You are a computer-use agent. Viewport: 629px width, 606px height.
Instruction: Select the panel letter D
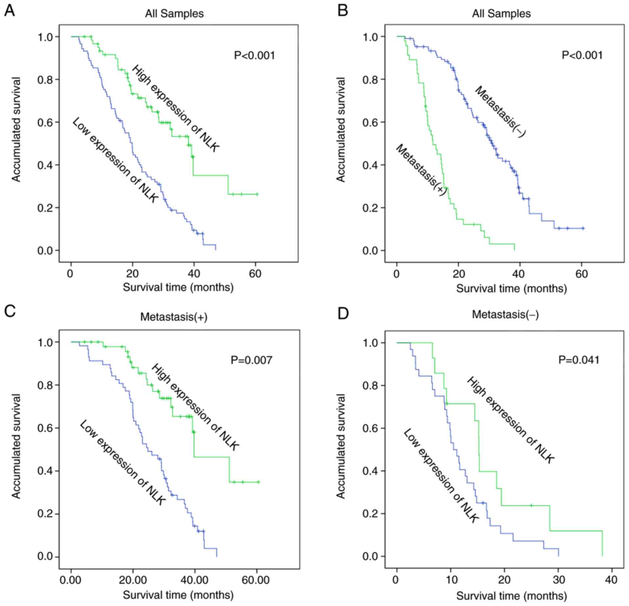coord(343,314)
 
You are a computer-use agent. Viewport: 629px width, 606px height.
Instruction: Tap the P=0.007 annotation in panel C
coord(251,360)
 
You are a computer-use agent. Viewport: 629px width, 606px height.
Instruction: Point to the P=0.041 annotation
coord(579,360)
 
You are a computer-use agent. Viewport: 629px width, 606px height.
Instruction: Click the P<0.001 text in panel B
coord(582,55)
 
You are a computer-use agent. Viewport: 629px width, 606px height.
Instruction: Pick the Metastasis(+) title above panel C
coord(174,317)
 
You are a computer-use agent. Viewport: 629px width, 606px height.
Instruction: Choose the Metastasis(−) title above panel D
coord(505,315)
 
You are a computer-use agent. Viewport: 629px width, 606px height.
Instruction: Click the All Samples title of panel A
coord(174,13)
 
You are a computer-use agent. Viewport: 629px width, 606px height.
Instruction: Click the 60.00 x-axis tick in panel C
coord(256,580)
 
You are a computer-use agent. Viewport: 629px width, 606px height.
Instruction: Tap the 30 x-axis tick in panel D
coord(558,579)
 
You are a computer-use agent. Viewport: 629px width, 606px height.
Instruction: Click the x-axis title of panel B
coord(511,289)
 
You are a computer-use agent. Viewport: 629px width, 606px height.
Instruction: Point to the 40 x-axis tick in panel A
coord(194,274)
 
